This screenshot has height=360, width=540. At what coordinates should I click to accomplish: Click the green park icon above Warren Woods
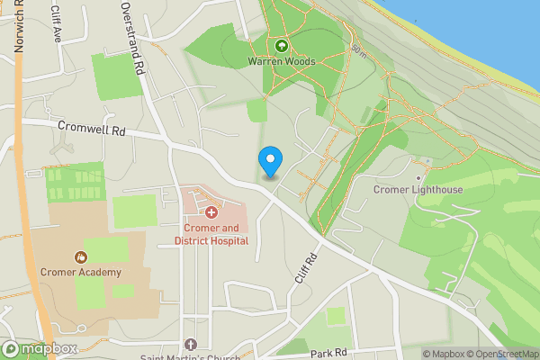(281, 45)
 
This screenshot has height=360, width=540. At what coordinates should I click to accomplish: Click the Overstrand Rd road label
(133, 38)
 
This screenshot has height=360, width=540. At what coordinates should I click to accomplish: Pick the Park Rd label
(328, 353)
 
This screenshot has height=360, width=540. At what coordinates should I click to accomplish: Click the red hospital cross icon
(211, 212)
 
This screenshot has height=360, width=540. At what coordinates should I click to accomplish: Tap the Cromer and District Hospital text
(211, 234)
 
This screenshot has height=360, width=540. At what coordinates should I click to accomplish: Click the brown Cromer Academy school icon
(80, 257)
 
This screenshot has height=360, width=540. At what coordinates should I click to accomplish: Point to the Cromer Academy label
(80, 272)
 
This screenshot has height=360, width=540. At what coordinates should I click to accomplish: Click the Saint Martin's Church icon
(190, 344)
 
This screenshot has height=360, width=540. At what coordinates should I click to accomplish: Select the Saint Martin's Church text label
(190, 357)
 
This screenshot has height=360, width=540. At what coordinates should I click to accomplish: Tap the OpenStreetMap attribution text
(503, 354)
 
